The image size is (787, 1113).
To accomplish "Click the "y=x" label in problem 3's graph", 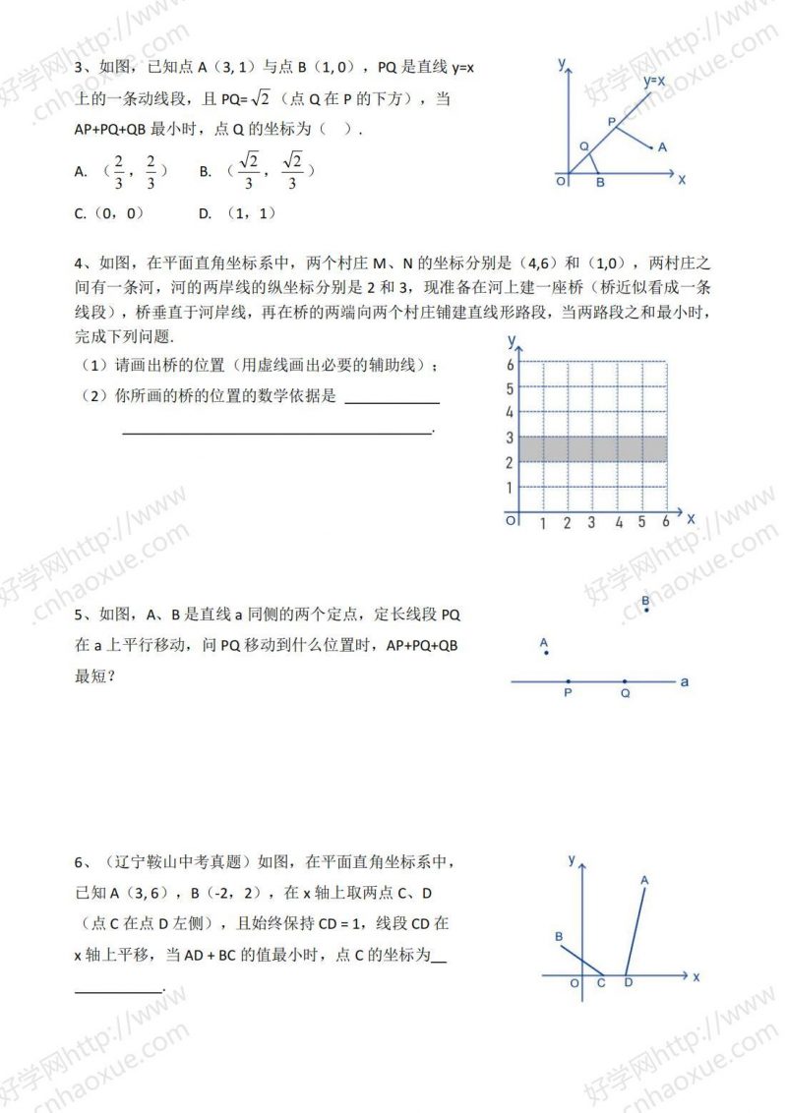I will [654, 82].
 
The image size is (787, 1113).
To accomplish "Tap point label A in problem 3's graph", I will [662, 147].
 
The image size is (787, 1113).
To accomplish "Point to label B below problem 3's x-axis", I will [600, 182].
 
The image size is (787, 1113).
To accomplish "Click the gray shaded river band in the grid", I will [593, 448].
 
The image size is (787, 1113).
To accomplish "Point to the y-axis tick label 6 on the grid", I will [510, 364].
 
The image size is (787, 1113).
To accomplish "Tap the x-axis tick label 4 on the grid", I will [619, 523].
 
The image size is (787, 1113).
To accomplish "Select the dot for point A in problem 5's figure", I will [546, 655].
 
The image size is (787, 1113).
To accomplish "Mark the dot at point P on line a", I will [568, 680].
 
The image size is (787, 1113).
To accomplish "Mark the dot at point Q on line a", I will [626, 680].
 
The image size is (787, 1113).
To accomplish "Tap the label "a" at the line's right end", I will [685, 680].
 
